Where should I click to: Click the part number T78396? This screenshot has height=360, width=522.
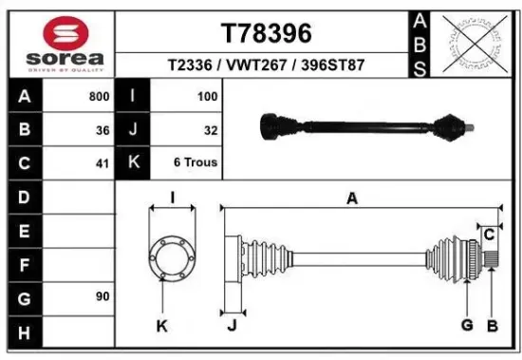pyautogui.click(x=267, y=33)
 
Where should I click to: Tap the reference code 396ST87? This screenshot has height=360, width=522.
pyautogui.click(x=333, y=66)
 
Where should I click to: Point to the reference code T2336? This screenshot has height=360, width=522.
pyautogui.click(x=190, y=66)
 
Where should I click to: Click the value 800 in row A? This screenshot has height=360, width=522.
pyautogui.click(x=98, y=96)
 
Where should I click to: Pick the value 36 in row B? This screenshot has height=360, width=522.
pyautogui.click(x=103, y=129)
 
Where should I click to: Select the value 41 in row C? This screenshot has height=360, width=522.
pyautogui.click(x=103, y=162)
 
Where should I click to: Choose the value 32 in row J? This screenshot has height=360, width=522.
pyautogui.click(x=211, y=129)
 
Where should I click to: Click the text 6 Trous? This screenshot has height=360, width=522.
pyautogui.click(x=196, y=162)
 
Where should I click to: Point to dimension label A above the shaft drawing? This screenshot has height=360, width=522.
pyautogui.click(x=352, y=199)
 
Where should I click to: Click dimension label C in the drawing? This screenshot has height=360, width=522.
pyautogui.click(x=490, y=234)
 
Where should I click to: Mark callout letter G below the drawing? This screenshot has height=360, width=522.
pyautogui.click(x=467, y=326)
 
